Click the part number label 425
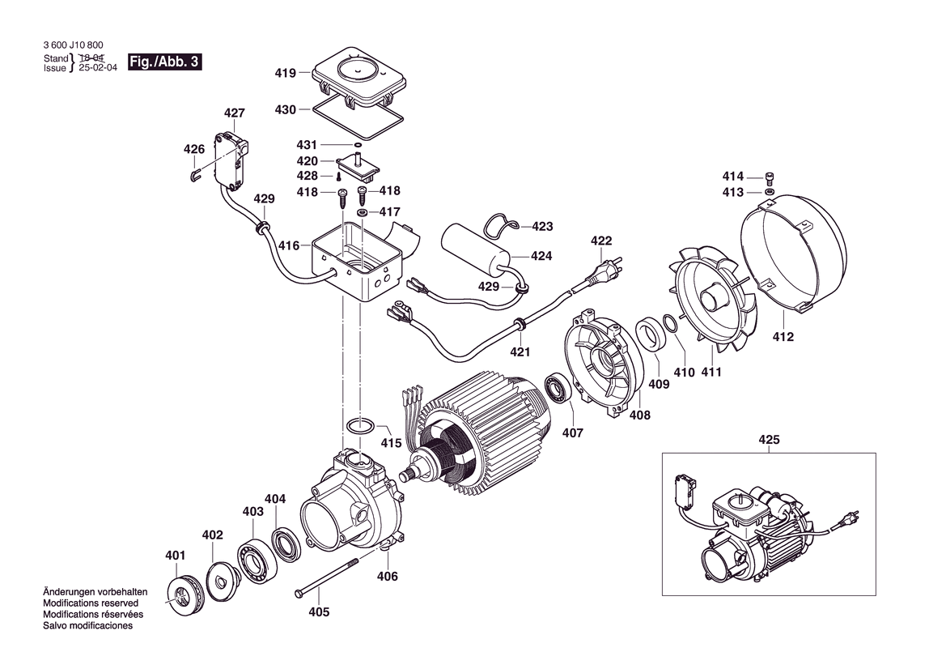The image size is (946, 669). (x=769, y=440)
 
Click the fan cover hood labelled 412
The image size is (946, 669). (x=793, y=251)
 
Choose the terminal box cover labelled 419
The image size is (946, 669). (x=357, y=78)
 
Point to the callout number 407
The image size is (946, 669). (x=572, y=433)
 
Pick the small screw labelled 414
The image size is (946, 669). (x=770, y=178)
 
